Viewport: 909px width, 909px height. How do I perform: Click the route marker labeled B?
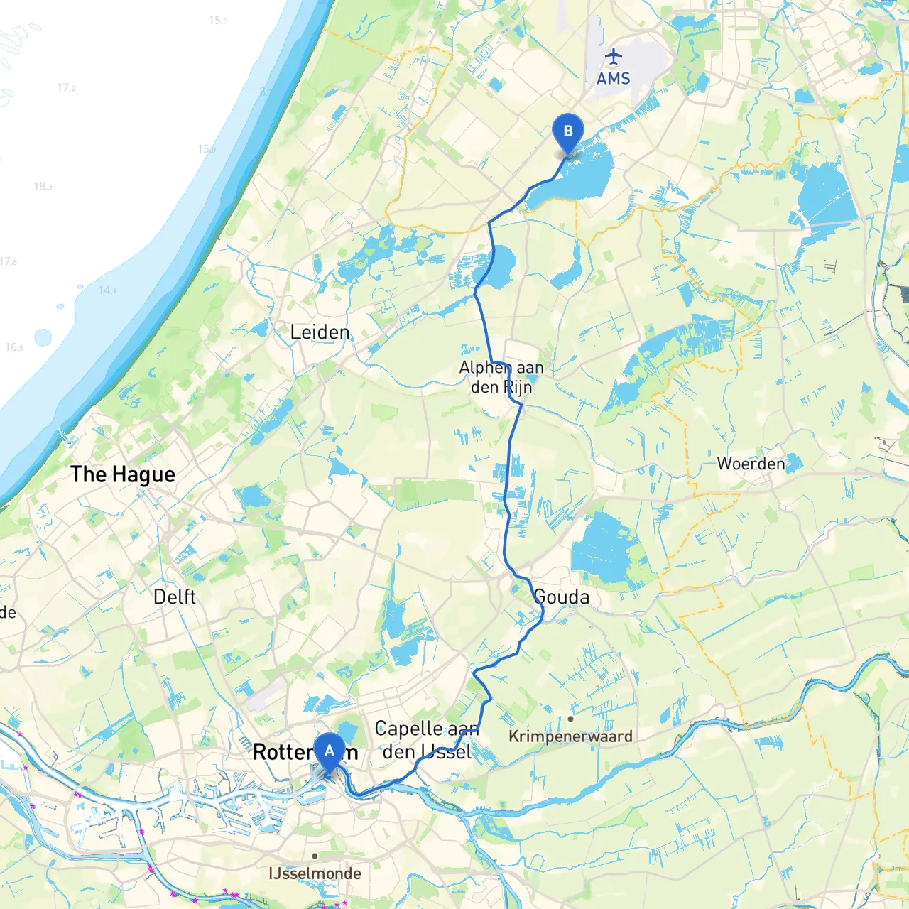[x=567, y=132]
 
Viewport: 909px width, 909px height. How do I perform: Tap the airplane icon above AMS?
[x=613, y=55]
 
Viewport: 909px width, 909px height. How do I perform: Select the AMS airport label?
[x=613, y=78]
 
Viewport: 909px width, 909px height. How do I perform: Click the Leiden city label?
[x=320, y=332]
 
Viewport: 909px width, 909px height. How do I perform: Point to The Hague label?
[x=123, y=474]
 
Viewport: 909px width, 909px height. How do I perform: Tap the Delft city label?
[x=174, y=597]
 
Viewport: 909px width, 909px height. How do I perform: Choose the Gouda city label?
[x=562, y=597]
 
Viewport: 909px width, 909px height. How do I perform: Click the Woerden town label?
[x=751, y=464]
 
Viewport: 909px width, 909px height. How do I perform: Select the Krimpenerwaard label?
[x=570, y=736]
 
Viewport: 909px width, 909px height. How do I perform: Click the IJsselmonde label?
[x=315, y=873]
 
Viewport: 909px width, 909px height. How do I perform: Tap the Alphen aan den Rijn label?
[x=501, y=377]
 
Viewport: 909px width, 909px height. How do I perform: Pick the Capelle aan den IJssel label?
[x=427, y=740]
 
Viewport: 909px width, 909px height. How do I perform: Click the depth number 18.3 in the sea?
[x=43, y=186]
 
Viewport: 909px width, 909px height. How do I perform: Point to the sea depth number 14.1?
[x=107, y=290]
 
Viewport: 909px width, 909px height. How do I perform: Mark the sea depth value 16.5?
[x=14, y=347]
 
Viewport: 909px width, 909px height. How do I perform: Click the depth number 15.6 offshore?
[x=218, y=20]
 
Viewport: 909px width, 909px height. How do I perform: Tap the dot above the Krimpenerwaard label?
[x=570, y=719]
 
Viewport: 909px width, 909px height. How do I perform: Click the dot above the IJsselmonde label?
[x=315, y=856]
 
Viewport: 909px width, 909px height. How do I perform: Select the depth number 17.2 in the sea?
[x=66, y=87]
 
